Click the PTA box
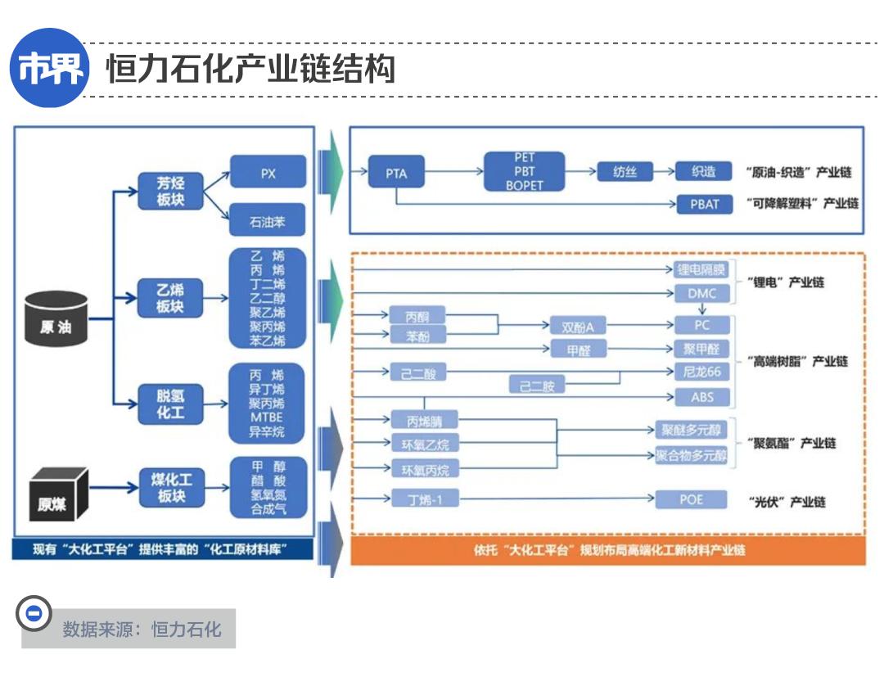click(x=396, y=174)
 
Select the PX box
click(x=268, y=173)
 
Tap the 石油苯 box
click(x=268, y=220)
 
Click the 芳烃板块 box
click(x=170, y=192)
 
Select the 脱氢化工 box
click(x=170, y=404)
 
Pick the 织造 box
click(x=703, y=172)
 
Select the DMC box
click(x=701, y=293)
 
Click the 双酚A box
click(x=578, y=327)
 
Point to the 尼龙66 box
click(x=701, y=372)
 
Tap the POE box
click(x=691, y=499)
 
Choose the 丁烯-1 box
click(x=425, y=499)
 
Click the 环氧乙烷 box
click(x=425, y=445)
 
